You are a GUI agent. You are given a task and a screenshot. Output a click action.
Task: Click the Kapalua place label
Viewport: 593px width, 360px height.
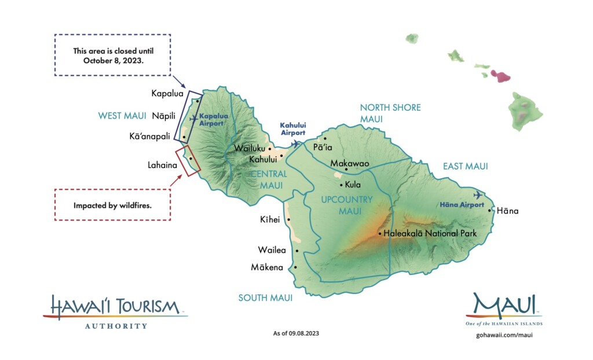[167, 93]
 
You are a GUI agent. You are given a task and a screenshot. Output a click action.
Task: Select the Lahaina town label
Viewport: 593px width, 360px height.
[162, 165]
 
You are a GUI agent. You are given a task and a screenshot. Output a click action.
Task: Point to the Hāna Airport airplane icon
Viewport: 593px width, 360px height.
[478, 194]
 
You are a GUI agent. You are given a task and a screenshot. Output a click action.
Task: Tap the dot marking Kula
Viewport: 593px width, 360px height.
[341, 185]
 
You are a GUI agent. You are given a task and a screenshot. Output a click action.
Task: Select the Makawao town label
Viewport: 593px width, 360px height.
[349, 164]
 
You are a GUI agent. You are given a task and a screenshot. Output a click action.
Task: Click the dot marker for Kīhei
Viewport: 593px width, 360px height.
[288, 220]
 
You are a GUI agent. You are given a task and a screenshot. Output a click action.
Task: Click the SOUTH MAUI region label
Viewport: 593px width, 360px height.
[265, 298]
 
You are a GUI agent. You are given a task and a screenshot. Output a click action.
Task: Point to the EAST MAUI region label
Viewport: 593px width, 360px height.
[465, 166]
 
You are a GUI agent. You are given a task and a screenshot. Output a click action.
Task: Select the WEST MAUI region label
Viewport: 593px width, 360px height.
[122, 116]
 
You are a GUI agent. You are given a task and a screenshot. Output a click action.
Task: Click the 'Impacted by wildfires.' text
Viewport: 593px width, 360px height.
[112, 205]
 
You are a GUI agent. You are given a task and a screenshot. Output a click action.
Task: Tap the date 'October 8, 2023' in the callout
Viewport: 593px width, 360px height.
[112, 60]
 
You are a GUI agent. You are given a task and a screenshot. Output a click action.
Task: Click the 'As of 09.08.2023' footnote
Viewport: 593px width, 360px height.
[296, 333]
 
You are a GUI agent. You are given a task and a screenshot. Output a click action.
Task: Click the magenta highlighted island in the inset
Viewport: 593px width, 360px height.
[500, 75]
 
